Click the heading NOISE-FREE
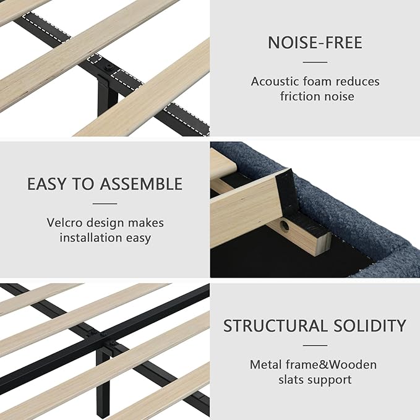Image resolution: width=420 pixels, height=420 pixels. click(x=315, y=43)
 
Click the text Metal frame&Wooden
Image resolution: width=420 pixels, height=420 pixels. click(x=313, y=364)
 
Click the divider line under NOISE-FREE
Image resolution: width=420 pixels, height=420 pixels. click(x=315, y=62)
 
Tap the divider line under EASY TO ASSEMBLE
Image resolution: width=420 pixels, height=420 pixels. click(x=105, y=203)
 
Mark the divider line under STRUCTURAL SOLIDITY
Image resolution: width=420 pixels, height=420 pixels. click(x=315, y=345)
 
